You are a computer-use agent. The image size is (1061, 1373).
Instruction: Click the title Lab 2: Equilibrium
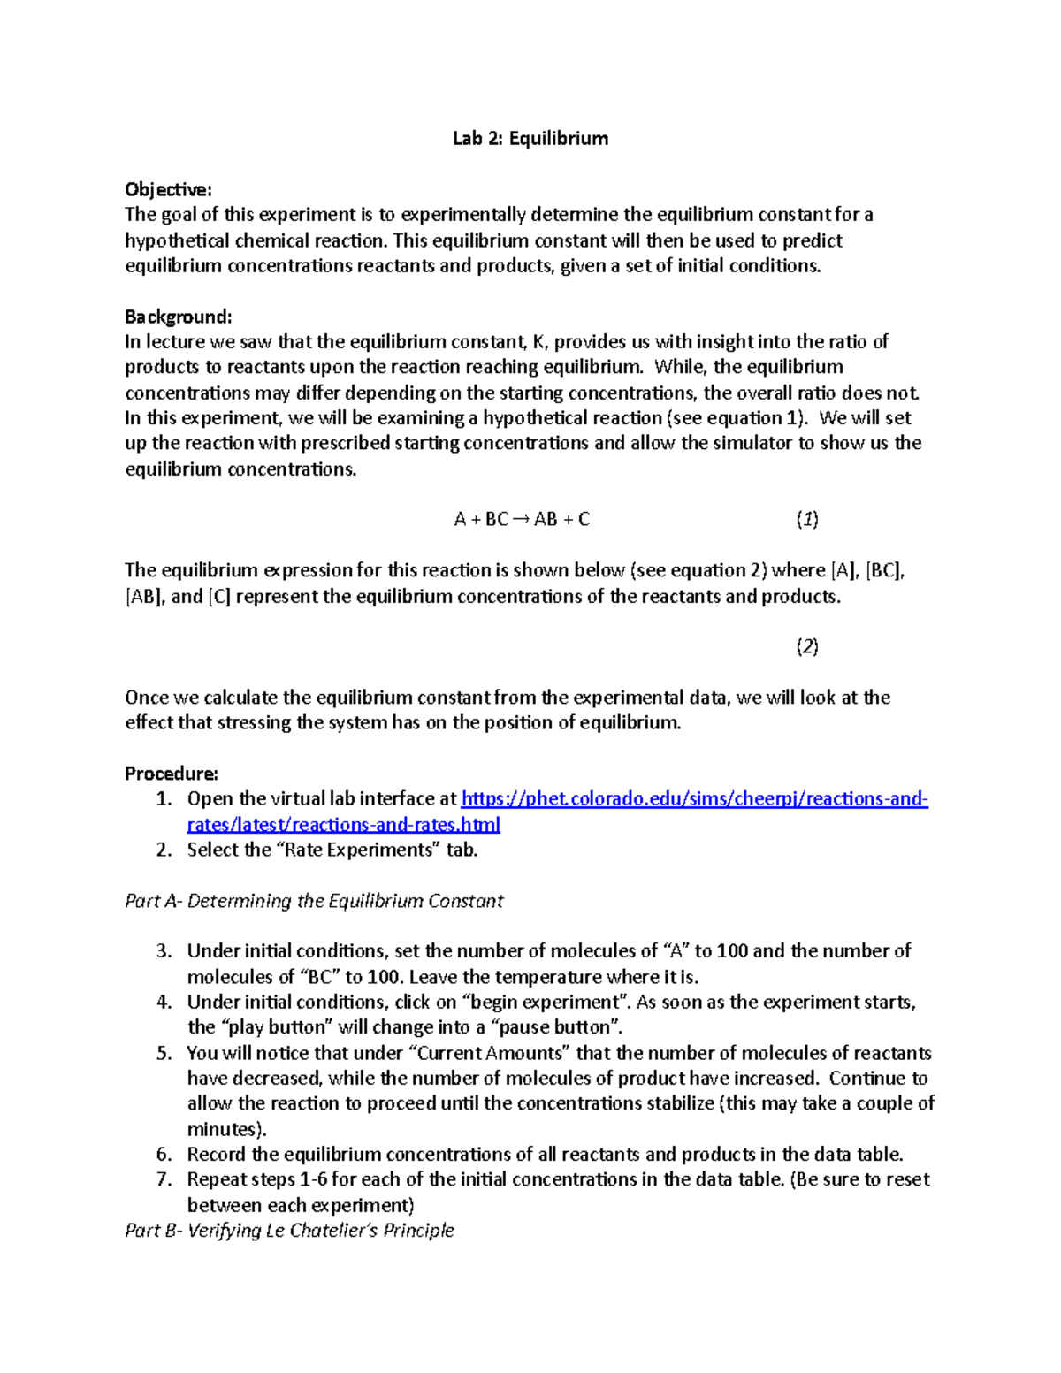pos(530,138)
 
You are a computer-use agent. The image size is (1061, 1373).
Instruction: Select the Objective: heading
pos(168,189)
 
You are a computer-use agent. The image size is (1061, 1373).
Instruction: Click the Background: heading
pos(178,317)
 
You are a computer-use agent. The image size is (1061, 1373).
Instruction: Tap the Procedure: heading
pos(171,774)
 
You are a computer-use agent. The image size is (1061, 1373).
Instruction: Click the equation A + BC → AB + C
pos(521,520)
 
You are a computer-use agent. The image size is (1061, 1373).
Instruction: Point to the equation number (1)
pos(806,520)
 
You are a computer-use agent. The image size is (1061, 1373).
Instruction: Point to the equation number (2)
pos(806,647)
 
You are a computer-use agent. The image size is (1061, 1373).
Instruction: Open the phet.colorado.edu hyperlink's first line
pos(694,799)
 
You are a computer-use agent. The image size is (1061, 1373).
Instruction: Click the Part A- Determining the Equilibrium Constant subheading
pos(314,901)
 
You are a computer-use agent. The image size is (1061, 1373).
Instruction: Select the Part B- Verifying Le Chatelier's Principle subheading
pos(289,1231)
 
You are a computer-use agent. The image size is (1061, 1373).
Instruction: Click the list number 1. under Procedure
pos(164,799)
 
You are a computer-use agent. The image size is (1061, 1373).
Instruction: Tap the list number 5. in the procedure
pos(164,1053)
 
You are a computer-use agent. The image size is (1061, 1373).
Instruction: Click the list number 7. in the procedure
pos(164,1179)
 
